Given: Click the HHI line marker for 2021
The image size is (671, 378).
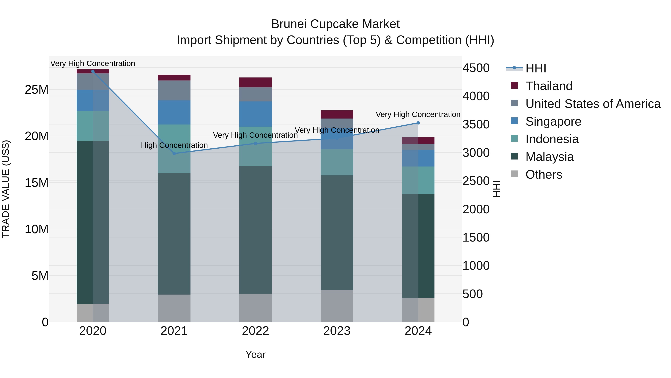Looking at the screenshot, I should click(x=174, y=153).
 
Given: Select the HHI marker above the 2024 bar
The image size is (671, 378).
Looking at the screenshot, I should click(x=418, y=123).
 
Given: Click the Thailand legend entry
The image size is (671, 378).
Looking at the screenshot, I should click(x=549, y=86).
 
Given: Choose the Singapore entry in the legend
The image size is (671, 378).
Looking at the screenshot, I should click(x=553, y=122).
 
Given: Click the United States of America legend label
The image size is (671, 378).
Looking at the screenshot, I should click(x=593, y=104).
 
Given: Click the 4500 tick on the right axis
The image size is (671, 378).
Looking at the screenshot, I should click(x=476, y=68).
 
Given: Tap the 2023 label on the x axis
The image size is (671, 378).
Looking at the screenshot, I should click(x=337, y=331).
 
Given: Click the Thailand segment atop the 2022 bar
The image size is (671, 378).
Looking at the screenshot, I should click(x=256, y=83).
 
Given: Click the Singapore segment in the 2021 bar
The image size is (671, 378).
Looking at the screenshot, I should click(x=174, y=112).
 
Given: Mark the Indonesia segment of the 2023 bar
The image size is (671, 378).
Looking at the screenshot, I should click(x=337, y=162).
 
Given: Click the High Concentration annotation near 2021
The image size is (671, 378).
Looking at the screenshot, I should click(x=174, y=145).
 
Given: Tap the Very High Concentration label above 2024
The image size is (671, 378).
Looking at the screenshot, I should click(x=418, y=115).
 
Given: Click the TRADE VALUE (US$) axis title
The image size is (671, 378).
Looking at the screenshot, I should click(x=6, y=189).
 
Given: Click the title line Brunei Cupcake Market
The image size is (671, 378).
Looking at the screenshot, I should click(x=335, y=24).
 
